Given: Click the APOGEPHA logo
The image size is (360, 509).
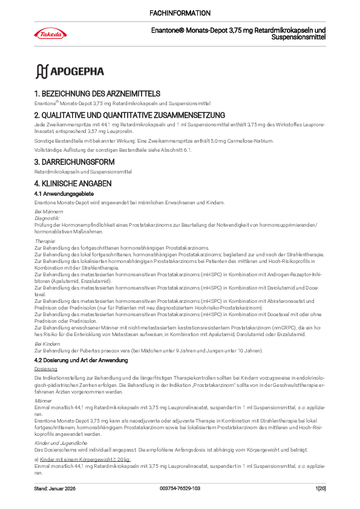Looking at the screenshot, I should [70, 71].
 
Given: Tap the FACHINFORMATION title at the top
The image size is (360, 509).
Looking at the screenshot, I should [180, 13].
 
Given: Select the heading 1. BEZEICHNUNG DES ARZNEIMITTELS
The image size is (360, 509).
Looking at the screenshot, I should [97, 94].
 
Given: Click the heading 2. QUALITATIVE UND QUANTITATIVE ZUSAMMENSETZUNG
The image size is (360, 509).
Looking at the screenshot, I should [129, 115].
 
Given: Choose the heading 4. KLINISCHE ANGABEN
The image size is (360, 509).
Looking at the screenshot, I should [73, 183].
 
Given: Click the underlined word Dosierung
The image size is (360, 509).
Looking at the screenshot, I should [46, 368].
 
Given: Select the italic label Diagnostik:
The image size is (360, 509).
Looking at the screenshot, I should [47, 218].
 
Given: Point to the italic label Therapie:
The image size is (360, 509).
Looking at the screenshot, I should [45, 241].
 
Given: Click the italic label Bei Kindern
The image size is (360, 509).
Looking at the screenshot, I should [47, 343].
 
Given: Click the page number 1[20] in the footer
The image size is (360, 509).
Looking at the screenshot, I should [321, 487].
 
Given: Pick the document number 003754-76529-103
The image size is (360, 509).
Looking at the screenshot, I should [180, 487].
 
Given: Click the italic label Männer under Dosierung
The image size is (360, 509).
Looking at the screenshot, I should [43, 401].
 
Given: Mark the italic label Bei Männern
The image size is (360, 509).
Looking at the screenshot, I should [48, 212].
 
